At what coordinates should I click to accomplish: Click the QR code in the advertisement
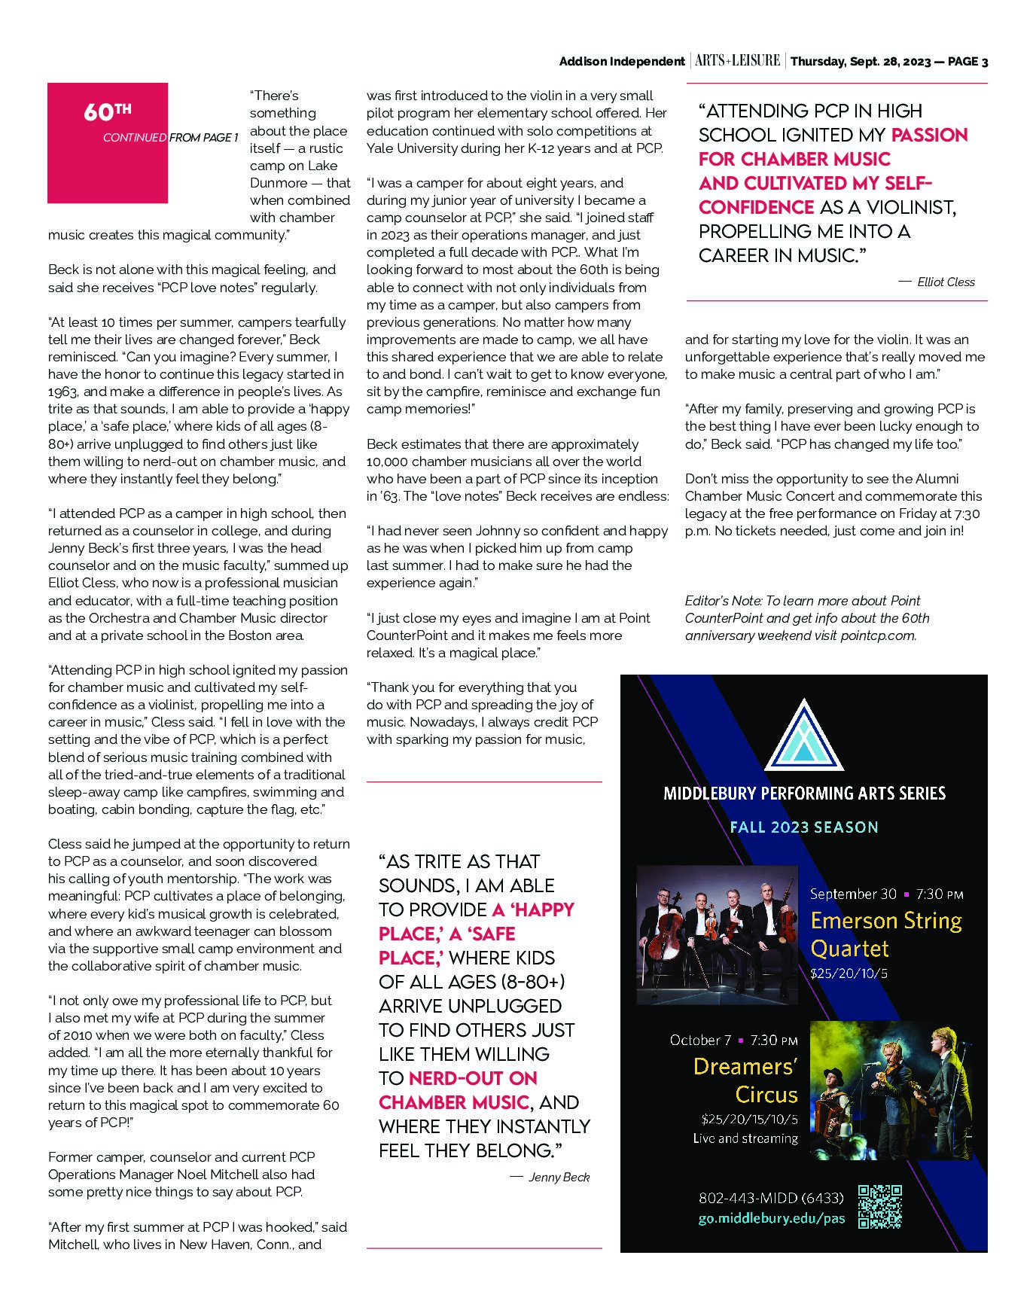coord(879,1206)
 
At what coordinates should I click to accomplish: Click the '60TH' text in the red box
coord(107,112)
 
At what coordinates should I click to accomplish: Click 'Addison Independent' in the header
coord(621,62)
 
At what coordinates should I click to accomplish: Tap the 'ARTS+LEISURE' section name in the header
coord(737,61)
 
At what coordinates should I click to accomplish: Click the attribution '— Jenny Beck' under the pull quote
coord(550,1177)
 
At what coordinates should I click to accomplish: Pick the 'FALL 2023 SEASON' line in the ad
coord(804,827)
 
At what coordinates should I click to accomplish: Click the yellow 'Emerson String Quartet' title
coord(885,934)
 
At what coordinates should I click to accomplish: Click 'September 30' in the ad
coord(853,894)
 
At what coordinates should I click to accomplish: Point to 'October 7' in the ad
coord(700,1040)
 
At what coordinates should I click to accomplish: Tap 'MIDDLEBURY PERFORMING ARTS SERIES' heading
coord(804,793)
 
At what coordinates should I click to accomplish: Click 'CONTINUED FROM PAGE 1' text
coord(170,138)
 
